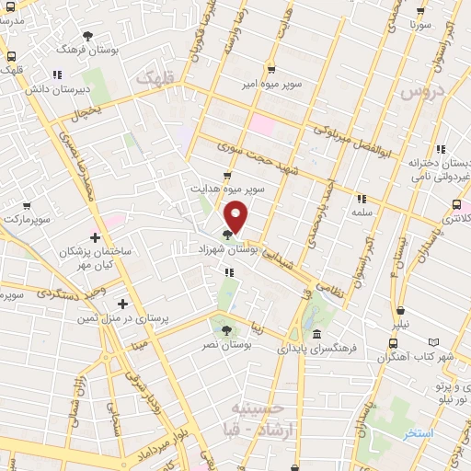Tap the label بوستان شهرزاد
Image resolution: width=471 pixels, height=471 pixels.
click(224, 249)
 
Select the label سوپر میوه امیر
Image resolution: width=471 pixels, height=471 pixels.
click(272, 84)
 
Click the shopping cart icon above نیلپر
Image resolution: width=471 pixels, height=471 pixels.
click(400, 310)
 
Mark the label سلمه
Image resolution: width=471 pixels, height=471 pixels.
click(360, 212)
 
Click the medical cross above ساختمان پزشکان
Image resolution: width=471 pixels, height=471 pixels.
click(97, 237)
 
